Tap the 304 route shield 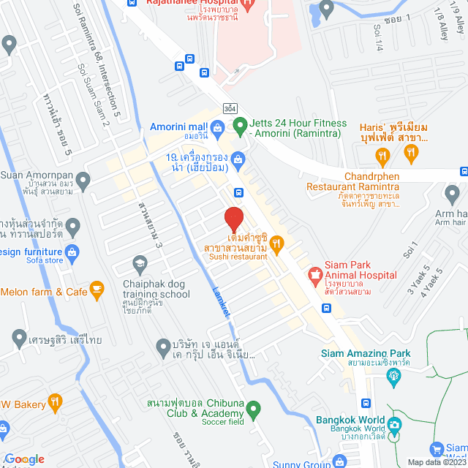tap(230, 108)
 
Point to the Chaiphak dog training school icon tap(140, 263)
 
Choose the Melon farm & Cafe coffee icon tap(97, 291)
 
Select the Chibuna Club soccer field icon tap(253, 408)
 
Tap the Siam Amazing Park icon tap(395, 376)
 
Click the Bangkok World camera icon tap(395, 425)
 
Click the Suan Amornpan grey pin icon tap(83, 179)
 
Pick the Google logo tap(24, 459)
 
